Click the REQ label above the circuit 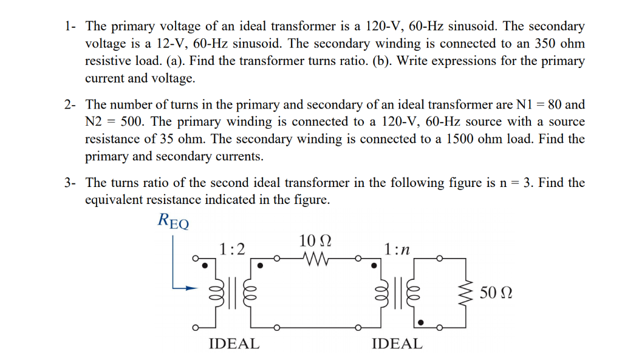[x=173, y=220]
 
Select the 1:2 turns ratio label [x=233, y=249]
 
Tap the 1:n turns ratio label [x=397, y=249]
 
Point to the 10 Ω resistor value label [x=315, y=240]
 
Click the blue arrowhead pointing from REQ [x=193, y=288]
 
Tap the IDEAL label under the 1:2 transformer [x=234, y=344]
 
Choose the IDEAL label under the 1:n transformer [x=397, y=344]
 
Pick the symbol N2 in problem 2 [x=95, y=121]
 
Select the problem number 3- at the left [x=72, y=183]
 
